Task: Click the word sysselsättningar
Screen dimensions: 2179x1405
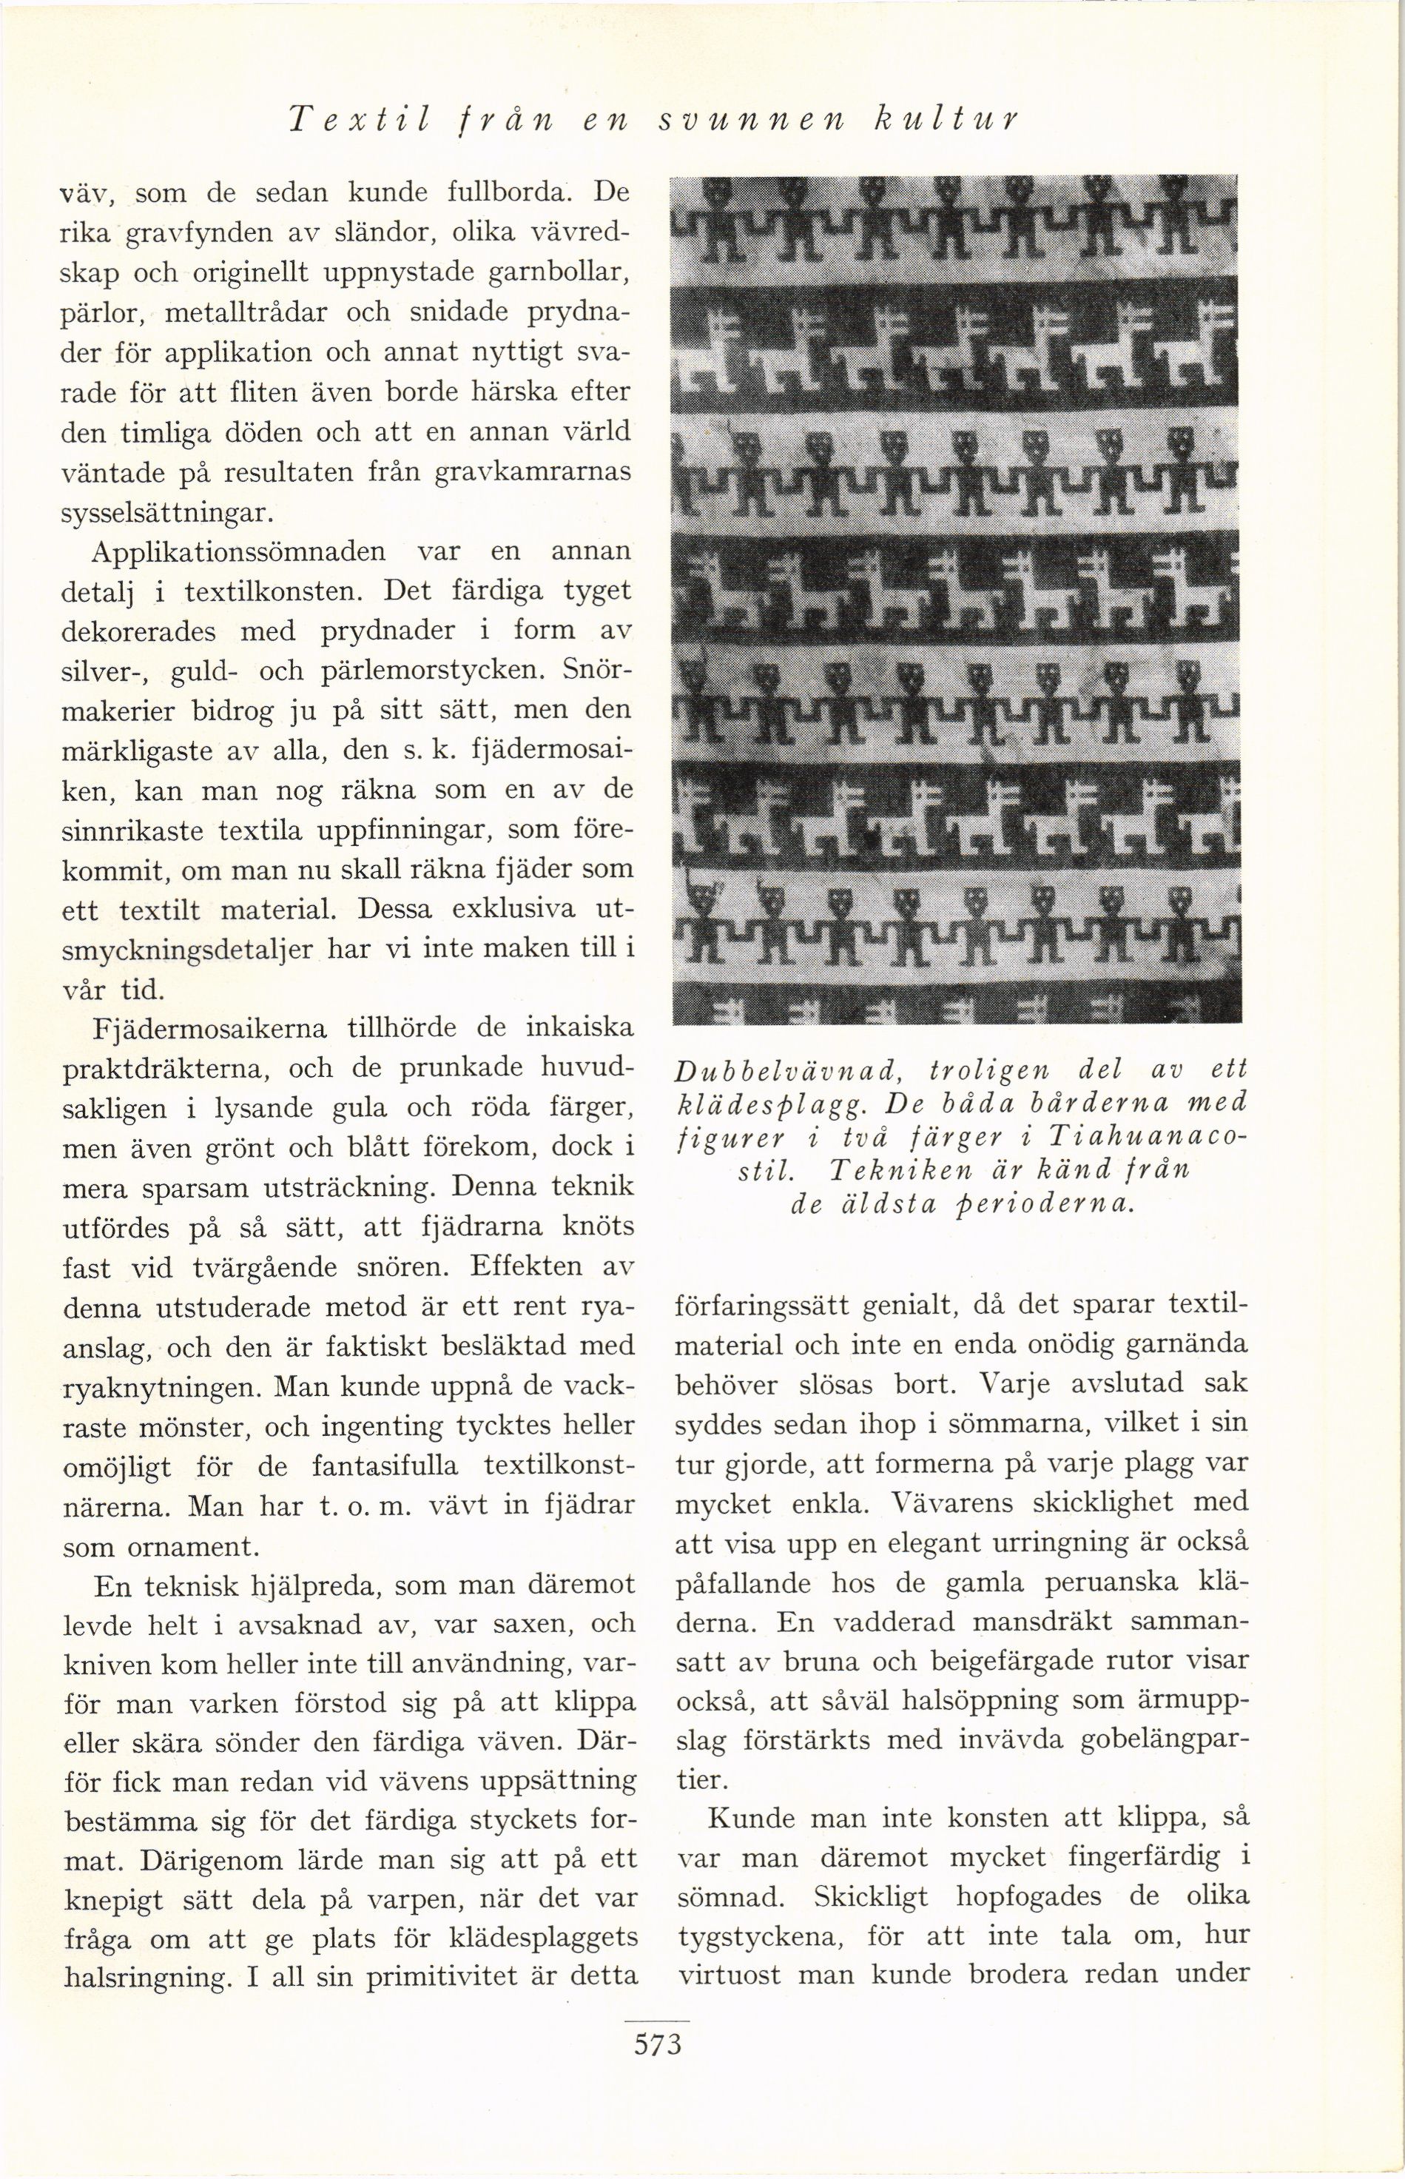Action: click(166, 513)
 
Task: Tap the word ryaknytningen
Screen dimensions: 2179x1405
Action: click(162, 1390)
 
